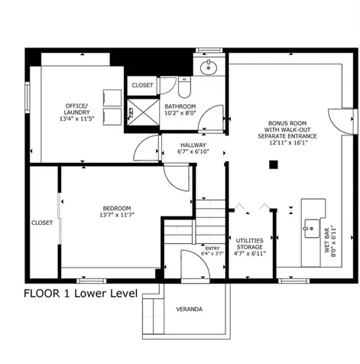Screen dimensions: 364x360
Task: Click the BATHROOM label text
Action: (x=180, y=106)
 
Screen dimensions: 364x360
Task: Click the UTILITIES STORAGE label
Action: (x=249, y=243)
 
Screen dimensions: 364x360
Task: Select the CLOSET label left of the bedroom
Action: (x=42, y=223)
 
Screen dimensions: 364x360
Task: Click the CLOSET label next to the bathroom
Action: (x=142, y=85)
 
